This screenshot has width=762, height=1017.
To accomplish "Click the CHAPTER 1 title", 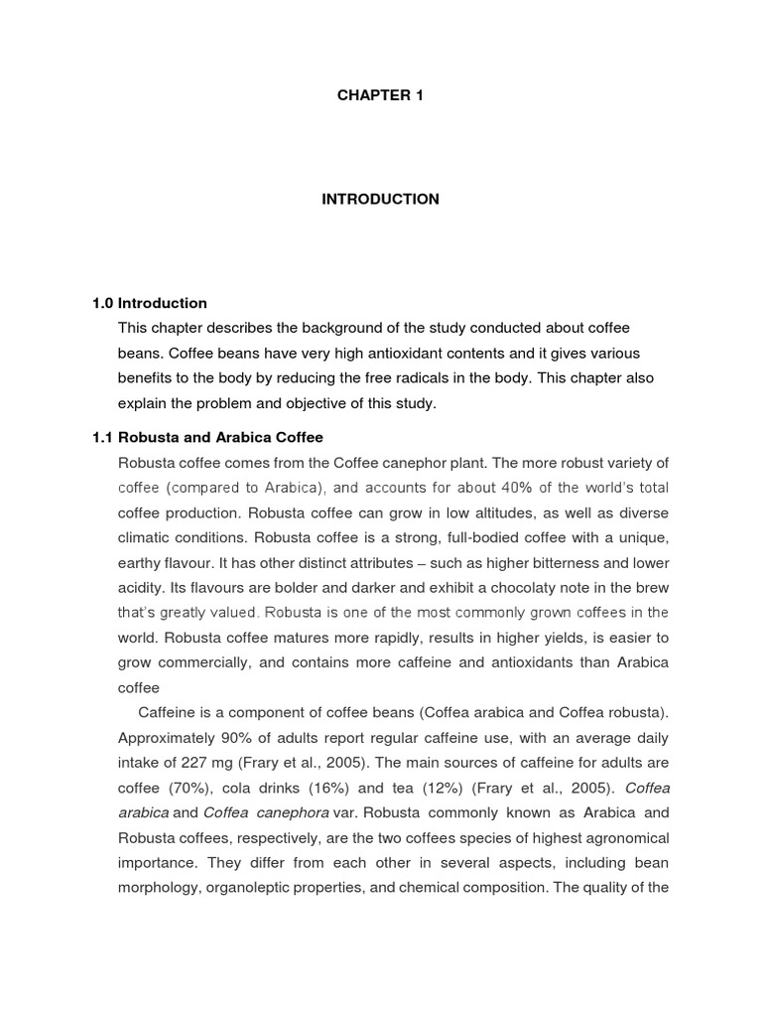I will pyautogui.click(x=380, y=95).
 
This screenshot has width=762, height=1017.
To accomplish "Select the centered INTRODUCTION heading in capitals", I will pyautogui.click(x=380, y=200).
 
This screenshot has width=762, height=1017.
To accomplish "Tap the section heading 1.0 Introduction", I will pyautogui.click(x=150, y=303).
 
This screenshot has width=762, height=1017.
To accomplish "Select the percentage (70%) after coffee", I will pyautogui.click(x=189, y=788).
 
